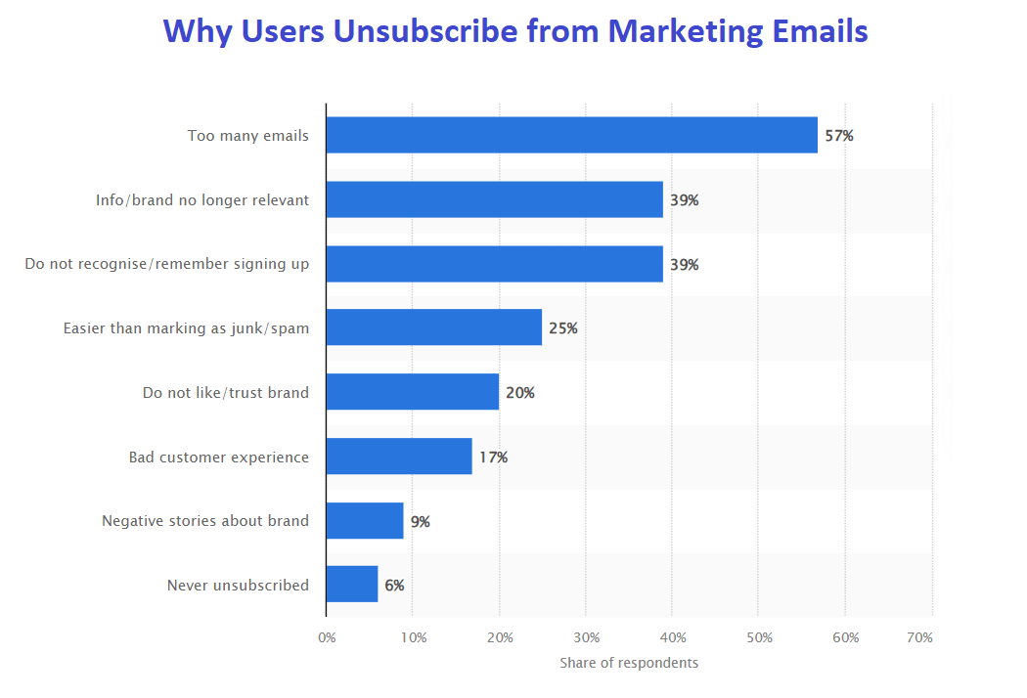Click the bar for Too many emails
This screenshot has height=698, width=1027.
click(572, 135)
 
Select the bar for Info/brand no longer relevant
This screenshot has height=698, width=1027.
click(495, 199)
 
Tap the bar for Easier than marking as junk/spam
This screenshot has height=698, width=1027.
click(434, 327)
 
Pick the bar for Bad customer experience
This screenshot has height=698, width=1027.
click(399, 457)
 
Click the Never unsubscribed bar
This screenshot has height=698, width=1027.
click(352, 585)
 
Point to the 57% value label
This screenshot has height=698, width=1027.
click(838, 136)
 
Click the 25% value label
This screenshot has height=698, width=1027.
click(562, 328)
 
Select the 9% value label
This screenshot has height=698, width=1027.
click(420, 521)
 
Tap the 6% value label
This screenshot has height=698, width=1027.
click(393, 586)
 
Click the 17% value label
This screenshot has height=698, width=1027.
click(493, 457)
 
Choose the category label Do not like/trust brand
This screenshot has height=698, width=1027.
click(225, 393)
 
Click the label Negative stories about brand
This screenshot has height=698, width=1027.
click(204, 521)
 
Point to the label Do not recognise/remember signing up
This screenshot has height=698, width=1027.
click(166, 264)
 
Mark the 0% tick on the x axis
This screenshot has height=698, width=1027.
click(327, 637)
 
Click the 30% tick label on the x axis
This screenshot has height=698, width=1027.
click(586, 637)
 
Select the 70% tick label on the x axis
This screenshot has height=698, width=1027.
click(919, 637)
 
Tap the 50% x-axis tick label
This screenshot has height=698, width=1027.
click(759, 637)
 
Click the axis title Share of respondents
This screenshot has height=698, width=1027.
click(629, 663)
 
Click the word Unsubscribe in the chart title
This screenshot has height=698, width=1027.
click(424, 31)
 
